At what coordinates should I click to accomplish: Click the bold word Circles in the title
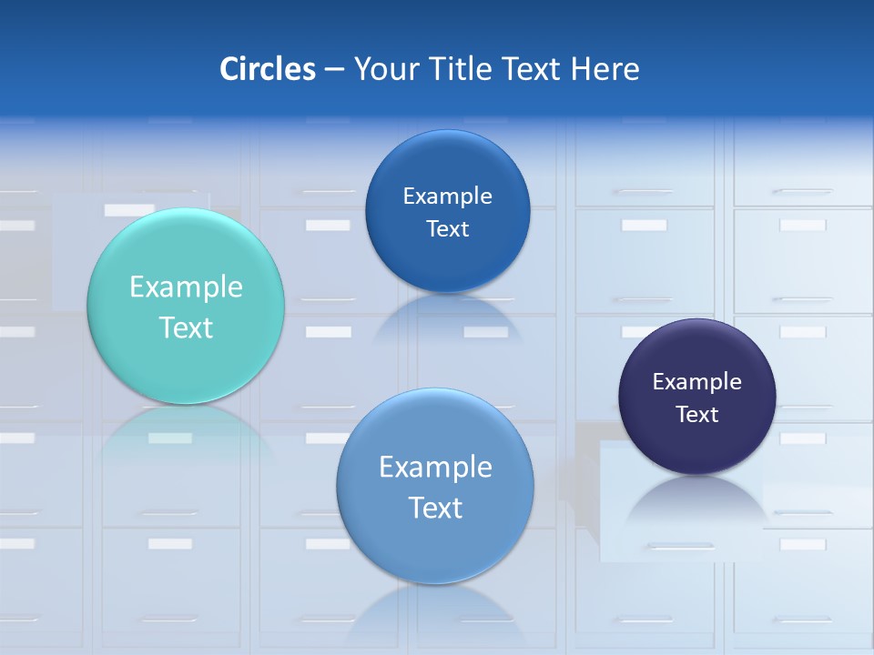click(268, 69)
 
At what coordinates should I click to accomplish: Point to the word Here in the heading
click(605, 69)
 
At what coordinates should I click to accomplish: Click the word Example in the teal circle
click(186, 287)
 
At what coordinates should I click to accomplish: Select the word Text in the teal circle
click(186, 327)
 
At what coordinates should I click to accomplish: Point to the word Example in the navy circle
click(697, 382)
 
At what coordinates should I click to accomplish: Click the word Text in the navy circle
click(697, 415)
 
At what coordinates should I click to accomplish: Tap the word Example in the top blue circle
click(448, 196)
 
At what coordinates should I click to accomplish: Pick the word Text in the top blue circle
click(448, 229)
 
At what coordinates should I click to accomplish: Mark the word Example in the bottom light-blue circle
click(435, 468)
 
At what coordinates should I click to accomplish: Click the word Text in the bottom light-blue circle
click(435, 508)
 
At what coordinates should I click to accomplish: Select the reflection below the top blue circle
click(448, 314)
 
